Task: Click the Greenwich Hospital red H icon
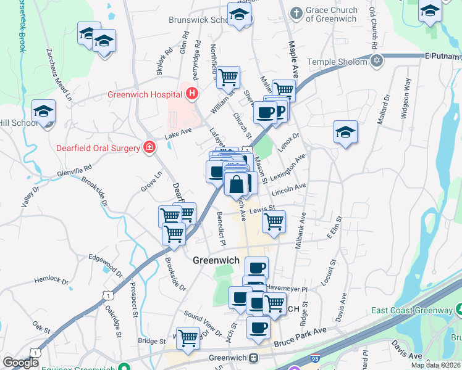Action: pyautogui.click(x=192, y=94)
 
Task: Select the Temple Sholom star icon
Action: pyautogui.click(x=376, y=61)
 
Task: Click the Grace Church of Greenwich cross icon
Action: pyautogui.click(x=296, y=13)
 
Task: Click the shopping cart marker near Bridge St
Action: pyautogui.click(x=188, y=337)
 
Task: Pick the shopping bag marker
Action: pyautogui.click(x=237, y=183)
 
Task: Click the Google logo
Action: pyautogui.click(x=20, y=363)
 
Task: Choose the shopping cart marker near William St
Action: pyautogui.click(x=228, y=77)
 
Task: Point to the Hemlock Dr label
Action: pyautogui.click(x=51, y=279)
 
